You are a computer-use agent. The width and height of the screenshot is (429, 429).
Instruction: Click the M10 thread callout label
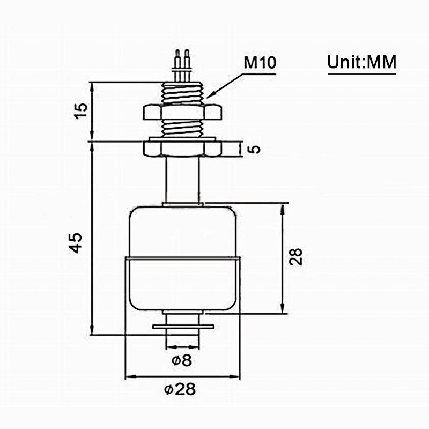coord(260,63)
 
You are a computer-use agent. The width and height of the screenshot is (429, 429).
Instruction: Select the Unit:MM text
coord(361,63)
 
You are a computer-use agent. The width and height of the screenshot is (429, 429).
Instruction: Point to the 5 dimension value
coord(256,148)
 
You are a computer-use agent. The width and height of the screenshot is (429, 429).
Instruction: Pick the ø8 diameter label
coord(182,361)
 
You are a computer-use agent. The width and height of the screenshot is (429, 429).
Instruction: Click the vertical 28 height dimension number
coord(295,256)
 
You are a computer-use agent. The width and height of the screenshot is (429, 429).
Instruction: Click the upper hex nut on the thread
coord(182,112)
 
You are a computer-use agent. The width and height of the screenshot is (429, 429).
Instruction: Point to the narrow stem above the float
coord(182,180)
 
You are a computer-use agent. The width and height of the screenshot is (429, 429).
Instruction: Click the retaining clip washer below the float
coord(182,326)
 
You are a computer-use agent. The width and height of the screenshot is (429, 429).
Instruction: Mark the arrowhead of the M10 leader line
coord(210,95)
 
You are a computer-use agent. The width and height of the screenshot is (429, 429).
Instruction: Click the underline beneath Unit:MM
coord(361,73)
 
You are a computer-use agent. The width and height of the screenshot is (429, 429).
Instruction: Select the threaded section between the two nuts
coord(182,129)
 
